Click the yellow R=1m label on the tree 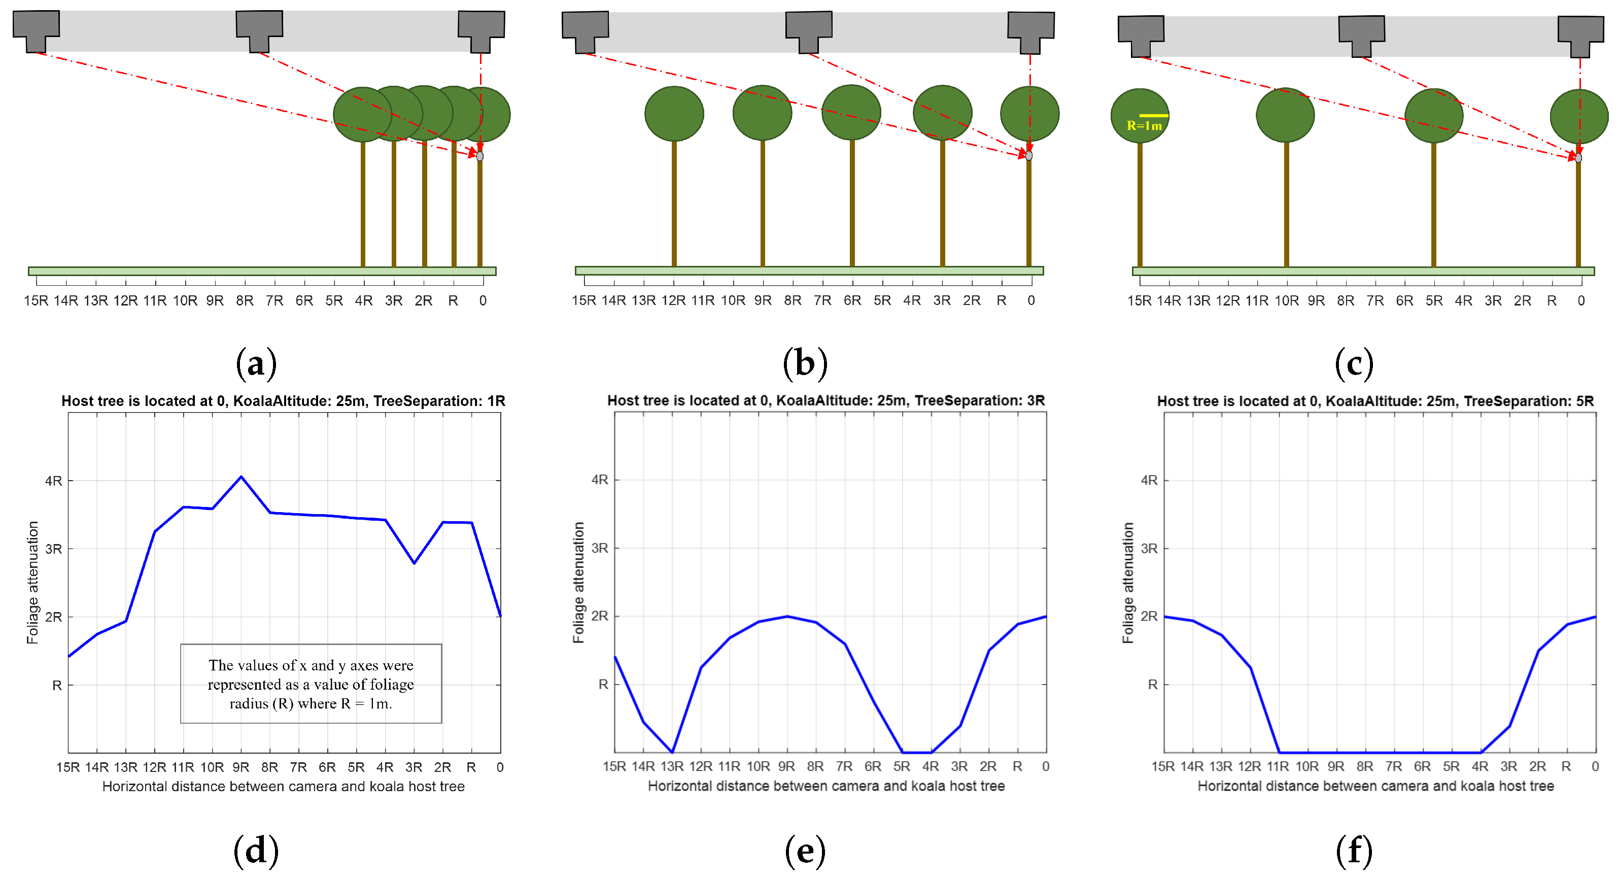coord(1144,125)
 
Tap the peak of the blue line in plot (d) coord(241,477)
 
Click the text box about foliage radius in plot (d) coord(311,684)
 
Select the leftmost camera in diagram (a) coord(37,30)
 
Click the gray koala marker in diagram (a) coord(480,156)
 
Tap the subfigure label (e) coord(805,851)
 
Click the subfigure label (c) coord(1354,363)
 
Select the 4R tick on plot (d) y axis coord(54,481)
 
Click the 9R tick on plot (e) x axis coord(786,766)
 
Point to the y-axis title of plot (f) coord(1128,583)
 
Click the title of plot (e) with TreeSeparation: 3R coord(825,400)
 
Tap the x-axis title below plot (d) coord(283,787)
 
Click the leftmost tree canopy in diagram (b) coord(674,114)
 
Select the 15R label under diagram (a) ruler coord(36,300)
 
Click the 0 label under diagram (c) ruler coord(1580,300)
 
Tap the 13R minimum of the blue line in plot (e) coord(672,751)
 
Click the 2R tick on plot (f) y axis coord(1149,617)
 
